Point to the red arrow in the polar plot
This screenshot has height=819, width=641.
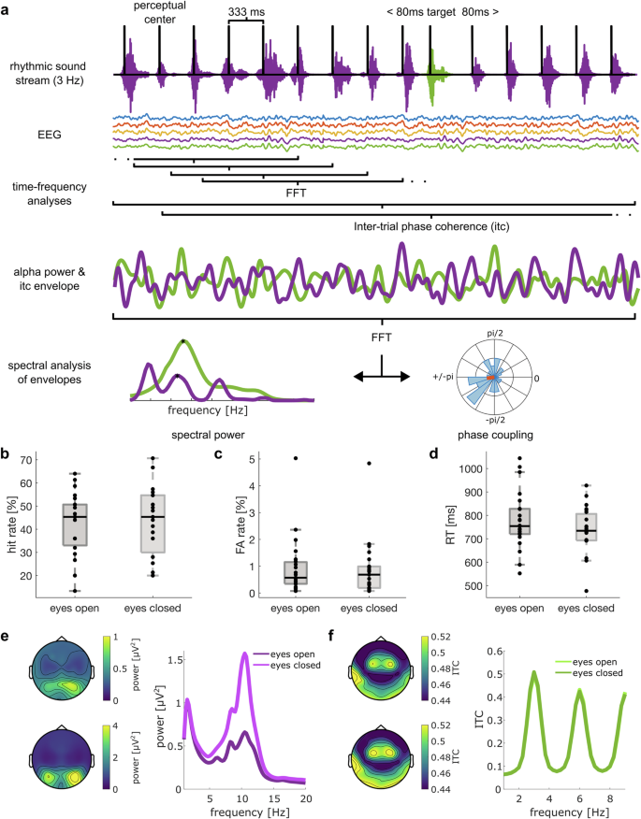click(x=493, y=378)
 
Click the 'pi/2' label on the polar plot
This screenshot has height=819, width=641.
click(x=497, y=332)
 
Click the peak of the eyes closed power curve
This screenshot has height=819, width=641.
click(x=246, y=654)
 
